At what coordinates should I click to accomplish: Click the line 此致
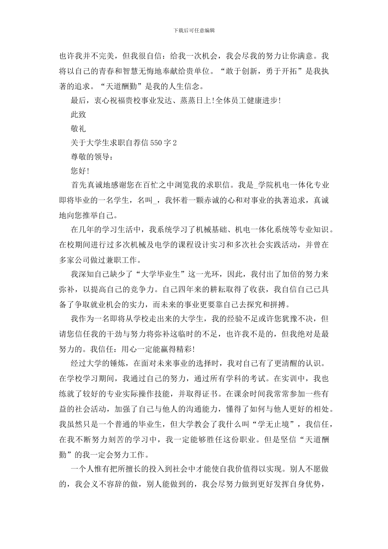pos(78,114)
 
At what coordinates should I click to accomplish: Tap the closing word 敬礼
pos(78,129)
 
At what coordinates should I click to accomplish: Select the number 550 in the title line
pos(156,143)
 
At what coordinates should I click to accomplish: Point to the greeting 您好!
pos(80,171)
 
